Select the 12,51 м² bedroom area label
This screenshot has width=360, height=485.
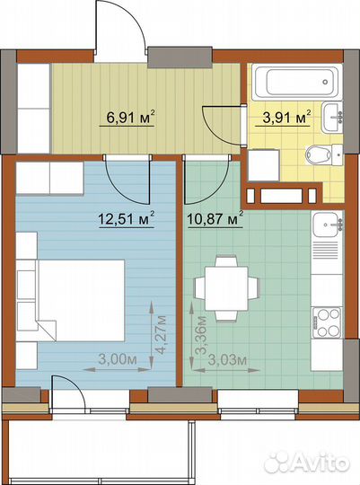(127, 219)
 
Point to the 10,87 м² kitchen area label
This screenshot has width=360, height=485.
(215, 219)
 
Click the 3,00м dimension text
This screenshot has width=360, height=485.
(118, 359)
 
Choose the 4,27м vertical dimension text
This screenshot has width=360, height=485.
(161, 335)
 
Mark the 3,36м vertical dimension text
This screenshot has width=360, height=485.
(202, 335)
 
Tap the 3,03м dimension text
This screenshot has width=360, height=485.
(228, 360)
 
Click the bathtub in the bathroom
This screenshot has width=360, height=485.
(296, 82)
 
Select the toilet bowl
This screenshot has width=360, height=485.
(323, 154)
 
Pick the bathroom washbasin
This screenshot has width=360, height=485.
(332, 117)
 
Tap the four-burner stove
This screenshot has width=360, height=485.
(327, 322)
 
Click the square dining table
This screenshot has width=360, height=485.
(227, 289)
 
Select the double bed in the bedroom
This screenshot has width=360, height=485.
(81, 301)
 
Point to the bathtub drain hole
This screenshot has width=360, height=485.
(325, 82)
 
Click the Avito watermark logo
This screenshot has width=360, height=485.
(308, 463)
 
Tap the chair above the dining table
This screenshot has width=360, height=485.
(227, 261)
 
